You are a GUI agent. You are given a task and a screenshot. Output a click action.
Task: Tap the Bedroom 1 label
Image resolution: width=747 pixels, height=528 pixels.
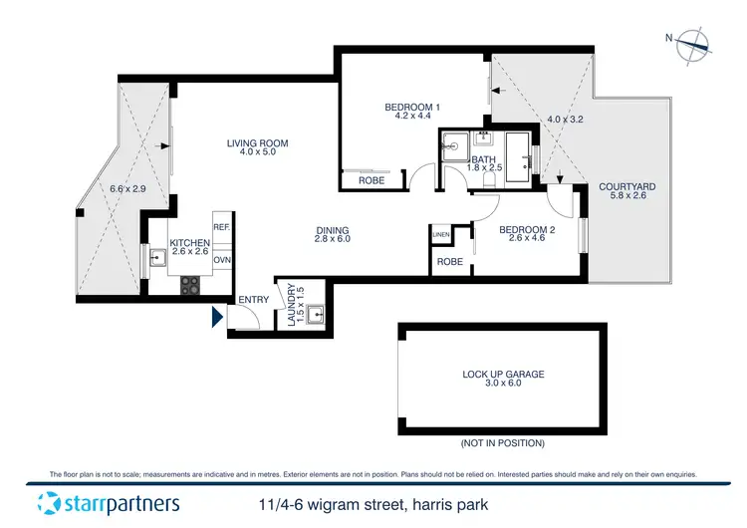(x=412, y=108)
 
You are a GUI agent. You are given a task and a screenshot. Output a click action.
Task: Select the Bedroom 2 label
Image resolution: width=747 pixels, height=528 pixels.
(x=526, y=229)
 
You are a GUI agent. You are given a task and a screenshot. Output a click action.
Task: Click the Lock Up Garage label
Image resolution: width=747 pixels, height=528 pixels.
(x=503, y=375)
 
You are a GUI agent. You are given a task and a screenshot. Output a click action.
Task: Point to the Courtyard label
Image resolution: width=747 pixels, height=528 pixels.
(x=626, y=186)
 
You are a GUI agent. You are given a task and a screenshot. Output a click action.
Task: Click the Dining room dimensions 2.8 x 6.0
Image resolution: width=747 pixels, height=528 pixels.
(x=333, y=239)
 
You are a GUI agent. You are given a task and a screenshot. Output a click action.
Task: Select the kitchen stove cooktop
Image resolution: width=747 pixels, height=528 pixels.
(x=191, y=284)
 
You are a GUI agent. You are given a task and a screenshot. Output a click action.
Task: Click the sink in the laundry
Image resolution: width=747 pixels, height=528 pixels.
(x=316, y=316)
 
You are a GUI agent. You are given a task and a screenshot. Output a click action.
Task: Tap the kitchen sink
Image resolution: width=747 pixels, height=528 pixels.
(x=157, y=262)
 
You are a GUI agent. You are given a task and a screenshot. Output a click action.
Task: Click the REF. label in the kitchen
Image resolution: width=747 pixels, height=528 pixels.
(x=221, y=228)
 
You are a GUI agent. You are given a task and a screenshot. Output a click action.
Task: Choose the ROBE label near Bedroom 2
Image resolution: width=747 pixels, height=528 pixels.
(x=450, y=262)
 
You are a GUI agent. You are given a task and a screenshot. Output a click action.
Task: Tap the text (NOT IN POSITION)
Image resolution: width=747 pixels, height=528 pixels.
(x=502, y=442)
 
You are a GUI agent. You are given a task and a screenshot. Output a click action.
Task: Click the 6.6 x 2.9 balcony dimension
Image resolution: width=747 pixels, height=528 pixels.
(x=126, y=189)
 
